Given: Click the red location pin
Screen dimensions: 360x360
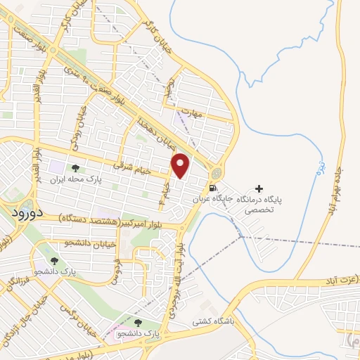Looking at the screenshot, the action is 181,165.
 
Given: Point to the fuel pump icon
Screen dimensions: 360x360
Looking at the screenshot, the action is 212,188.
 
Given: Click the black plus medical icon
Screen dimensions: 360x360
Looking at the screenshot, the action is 260,188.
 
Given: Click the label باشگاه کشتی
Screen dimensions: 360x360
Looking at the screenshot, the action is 213,321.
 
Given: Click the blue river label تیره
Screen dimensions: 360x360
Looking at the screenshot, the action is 320,167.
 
